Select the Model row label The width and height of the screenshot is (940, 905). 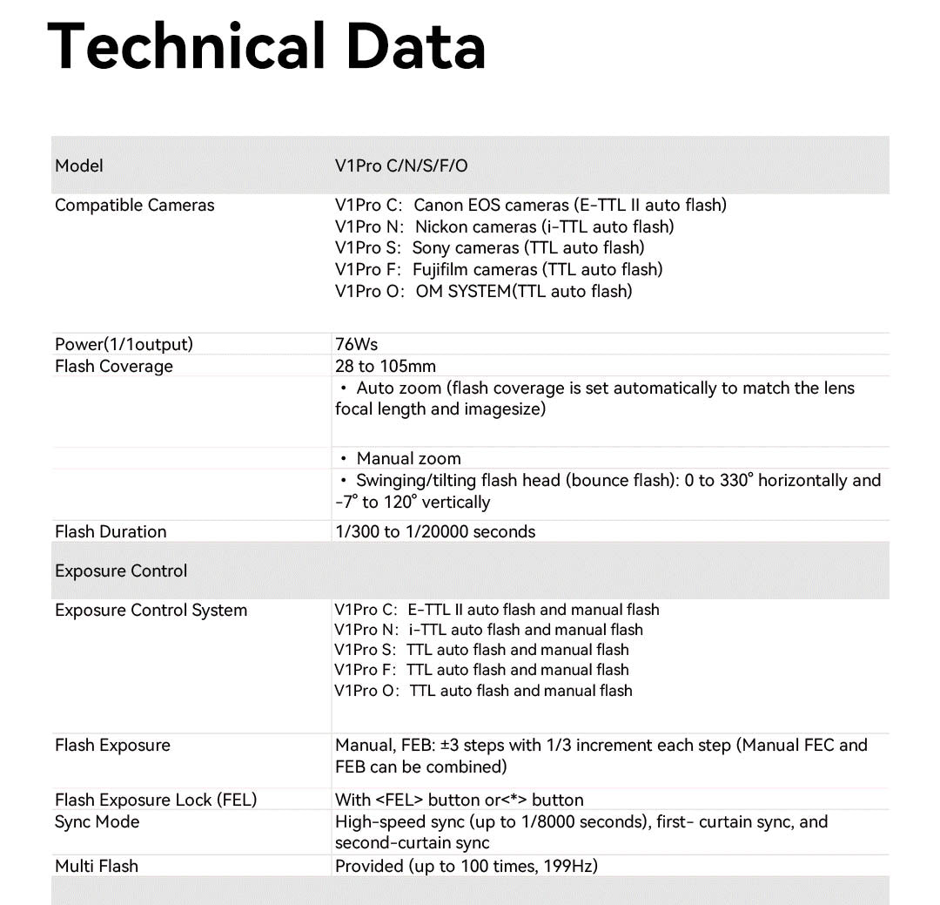tap(79, 165)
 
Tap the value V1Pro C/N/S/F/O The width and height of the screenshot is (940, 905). tap(401, 165)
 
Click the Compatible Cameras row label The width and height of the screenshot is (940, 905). tap(134, 206)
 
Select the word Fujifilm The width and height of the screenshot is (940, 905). tap(440, 269)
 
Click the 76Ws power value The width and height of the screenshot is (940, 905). tap(356, 344)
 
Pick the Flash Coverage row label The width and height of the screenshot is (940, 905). tap(113, 366)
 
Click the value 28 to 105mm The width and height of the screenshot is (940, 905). tap(386, 366)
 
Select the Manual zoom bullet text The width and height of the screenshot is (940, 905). tap(408, 458)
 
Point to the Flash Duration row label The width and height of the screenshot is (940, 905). tap(111, 531)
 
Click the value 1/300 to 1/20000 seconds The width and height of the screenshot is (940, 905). tap(435, 531)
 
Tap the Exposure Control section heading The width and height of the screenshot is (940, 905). tap(121, 571)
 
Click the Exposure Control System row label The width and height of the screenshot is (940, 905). tap(151, 610)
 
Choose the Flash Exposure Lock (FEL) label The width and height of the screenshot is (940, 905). tap(156, 800)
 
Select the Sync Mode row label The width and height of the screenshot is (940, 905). tap(97, 821)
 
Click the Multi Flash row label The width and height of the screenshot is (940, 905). tap(97, 866)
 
